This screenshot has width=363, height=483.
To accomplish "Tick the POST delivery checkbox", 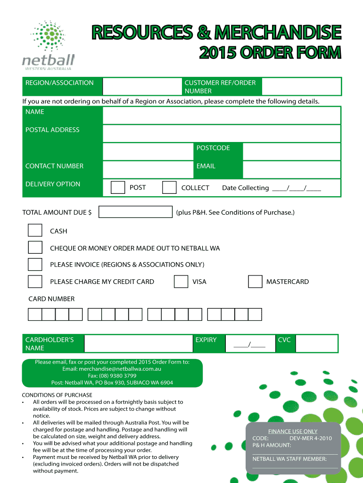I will [118, 188].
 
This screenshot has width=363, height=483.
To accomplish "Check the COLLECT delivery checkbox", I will [169, 188].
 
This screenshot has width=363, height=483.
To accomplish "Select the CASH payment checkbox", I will [35, 231].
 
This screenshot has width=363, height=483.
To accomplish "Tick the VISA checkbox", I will [181, 282].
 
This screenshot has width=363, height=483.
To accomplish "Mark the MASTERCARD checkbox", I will [255, 282].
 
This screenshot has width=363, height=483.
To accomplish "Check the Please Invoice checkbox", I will [35, 265].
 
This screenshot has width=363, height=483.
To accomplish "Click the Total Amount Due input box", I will [136, 212].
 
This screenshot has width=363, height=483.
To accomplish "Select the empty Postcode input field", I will [291, 152].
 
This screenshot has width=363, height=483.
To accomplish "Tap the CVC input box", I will [317, 343].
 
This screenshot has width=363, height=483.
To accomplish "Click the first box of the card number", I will [35, 315].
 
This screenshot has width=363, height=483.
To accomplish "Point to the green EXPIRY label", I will [206, 340].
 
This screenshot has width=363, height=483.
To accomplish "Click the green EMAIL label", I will [206, 166].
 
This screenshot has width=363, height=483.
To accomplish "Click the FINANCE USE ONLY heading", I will [293, 431].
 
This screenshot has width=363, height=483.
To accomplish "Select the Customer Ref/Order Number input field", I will [301, 87].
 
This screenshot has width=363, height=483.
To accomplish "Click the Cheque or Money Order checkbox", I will [35, 248].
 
